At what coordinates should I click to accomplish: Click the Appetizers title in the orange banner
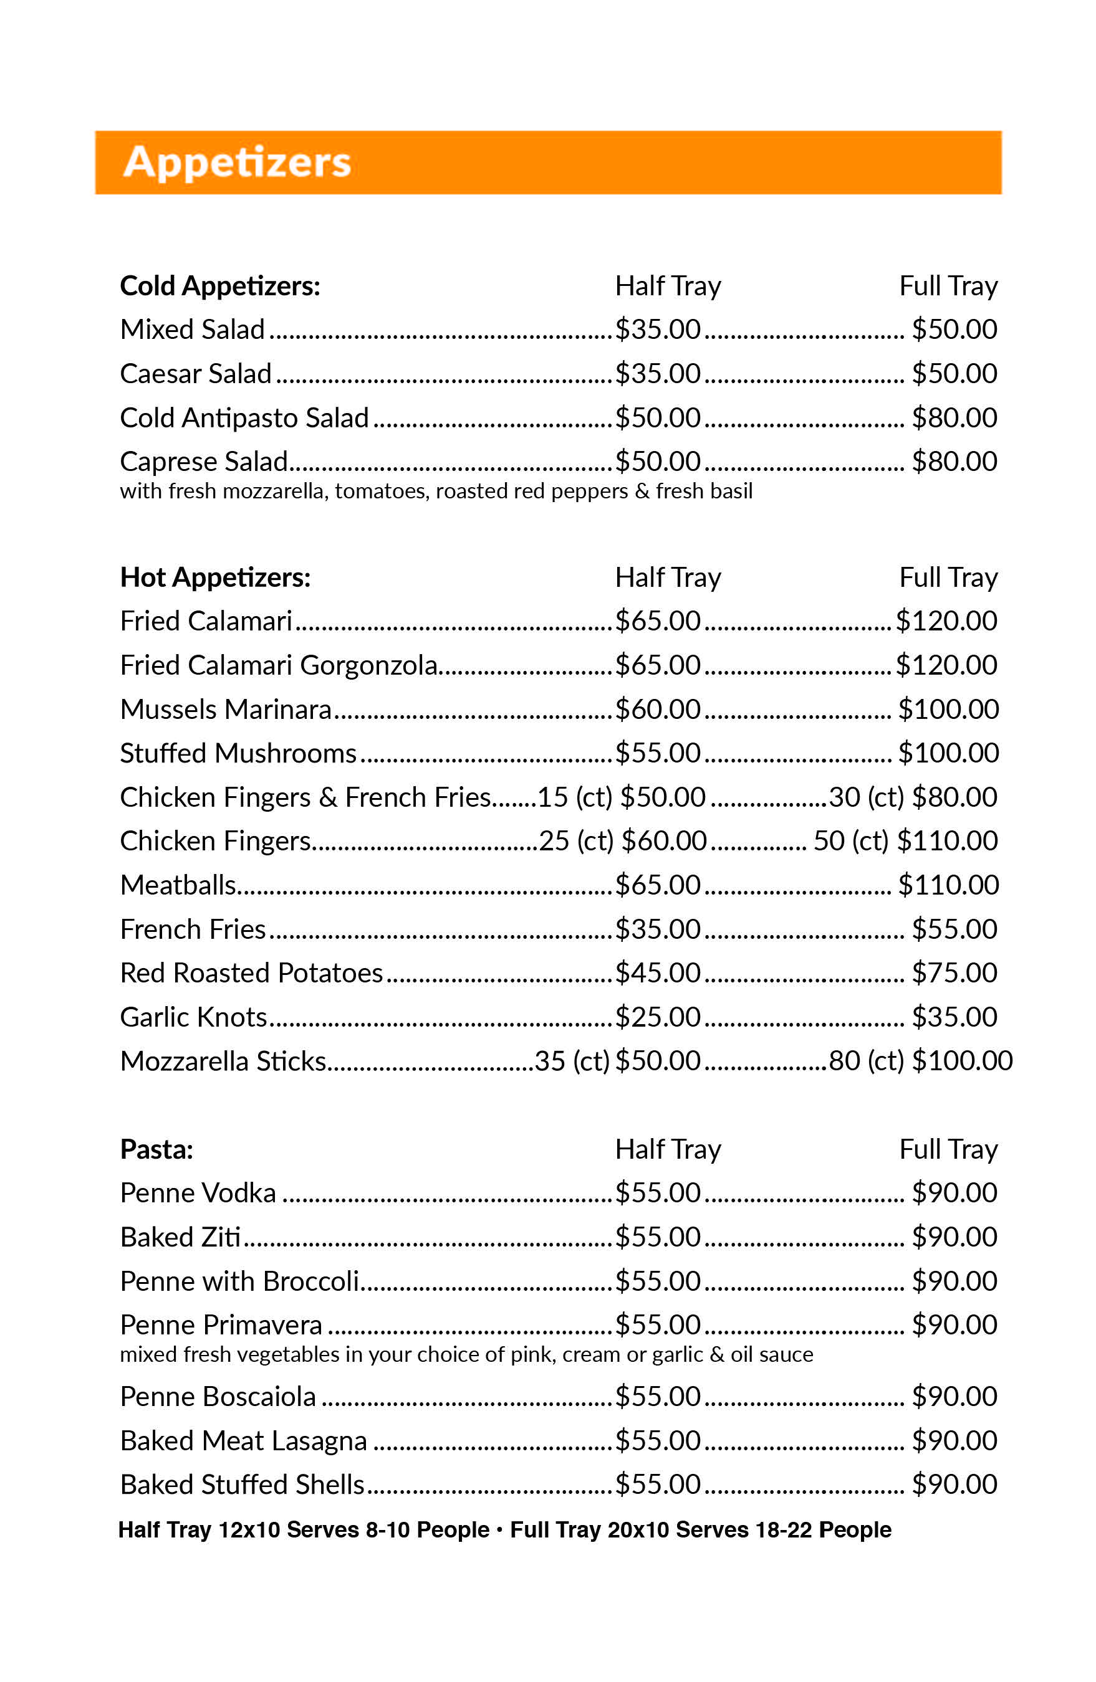(237, 162)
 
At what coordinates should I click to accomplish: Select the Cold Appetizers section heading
(220, 286)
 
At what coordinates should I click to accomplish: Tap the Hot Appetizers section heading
(215, 577)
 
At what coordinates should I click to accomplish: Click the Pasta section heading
(156, 1149)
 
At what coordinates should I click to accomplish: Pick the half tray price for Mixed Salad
(657, 330)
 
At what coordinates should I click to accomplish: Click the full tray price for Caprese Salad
(954, 462)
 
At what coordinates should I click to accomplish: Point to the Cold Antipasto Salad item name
(244, 417)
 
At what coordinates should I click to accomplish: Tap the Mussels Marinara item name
(226, 710)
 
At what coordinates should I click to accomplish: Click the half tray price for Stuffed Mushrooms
(657, 753)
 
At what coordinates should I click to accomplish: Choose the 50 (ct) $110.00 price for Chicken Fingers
(905, 841)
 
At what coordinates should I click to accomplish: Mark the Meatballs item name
(178, 885)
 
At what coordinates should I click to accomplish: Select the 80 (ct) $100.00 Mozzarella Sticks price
(920, 1061)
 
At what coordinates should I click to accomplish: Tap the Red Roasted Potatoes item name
(251, 973)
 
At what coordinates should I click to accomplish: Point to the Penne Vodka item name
(198, 1193)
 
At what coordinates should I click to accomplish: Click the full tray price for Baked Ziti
(954, 1237)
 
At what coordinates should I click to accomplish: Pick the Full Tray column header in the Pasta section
(948, 1149)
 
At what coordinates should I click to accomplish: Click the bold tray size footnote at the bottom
(504, 1529)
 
